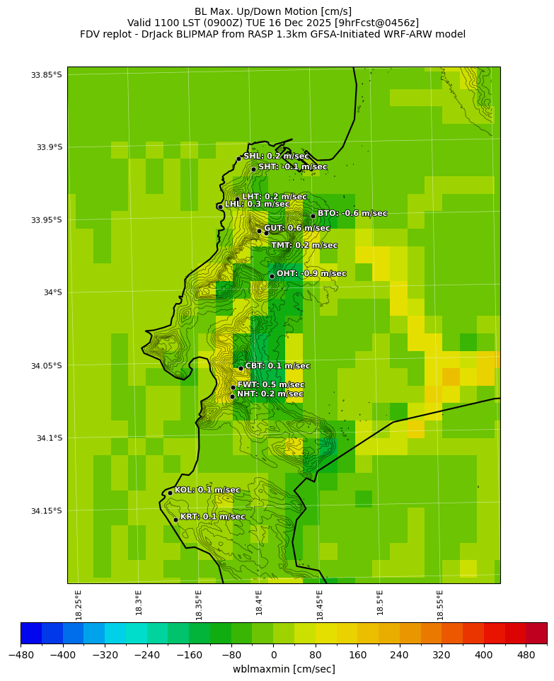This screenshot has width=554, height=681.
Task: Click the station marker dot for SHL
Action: [x=239, y=159]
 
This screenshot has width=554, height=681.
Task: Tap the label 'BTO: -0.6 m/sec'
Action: [x=352, y=213]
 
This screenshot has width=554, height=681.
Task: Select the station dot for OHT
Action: [x=272, y=276]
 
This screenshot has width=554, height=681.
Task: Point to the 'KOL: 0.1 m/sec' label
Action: [x=207, y=490]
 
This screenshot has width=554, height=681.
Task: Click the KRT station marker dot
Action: [x=175, y=520]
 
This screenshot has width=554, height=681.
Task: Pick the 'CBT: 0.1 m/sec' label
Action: [x=277, y=366]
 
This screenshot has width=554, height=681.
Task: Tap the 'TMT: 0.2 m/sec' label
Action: [x=304, y=246]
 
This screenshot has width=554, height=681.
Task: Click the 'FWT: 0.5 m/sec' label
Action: [x=271, y=384]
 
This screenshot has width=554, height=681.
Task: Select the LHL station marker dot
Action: [x=220, y=207]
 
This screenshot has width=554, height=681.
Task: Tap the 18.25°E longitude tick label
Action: [x=79, y=605]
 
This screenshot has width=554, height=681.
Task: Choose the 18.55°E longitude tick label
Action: [x=440, y=605]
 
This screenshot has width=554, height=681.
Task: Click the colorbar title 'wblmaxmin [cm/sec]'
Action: [x=284, y=669]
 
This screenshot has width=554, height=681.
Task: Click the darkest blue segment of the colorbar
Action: [x=31, y=632]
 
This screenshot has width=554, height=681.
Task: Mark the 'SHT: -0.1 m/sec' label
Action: [x=292, y=167]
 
